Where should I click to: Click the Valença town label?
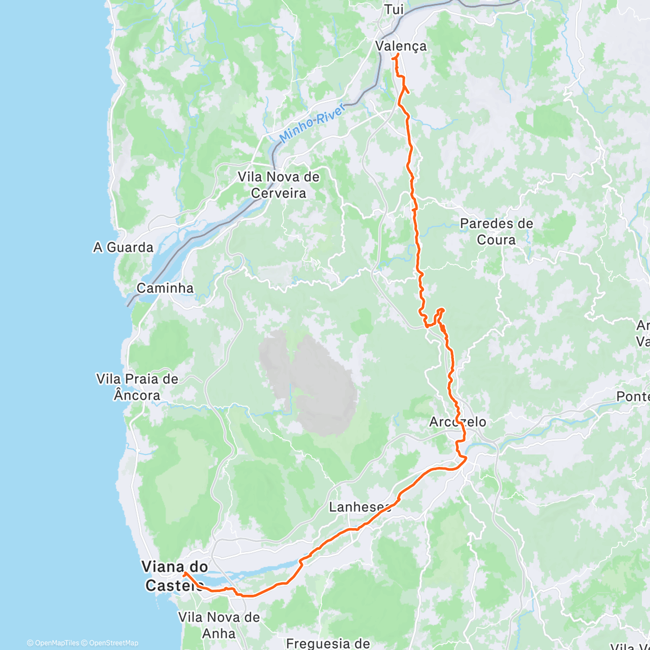point(401,46)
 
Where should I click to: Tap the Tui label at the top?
point(394,9)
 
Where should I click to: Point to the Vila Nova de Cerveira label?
point(279,185)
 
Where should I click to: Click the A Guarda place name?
point(123,248)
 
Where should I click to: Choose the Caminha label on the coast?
point(165,288)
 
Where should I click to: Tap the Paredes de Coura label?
point(496,231)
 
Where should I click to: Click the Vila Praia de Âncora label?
point(137,387)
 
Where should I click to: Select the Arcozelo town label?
point(458,422)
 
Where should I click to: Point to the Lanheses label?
point(360,507)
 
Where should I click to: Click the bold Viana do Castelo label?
point(174,576)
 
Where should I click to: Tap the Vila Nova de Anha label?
point(219,625)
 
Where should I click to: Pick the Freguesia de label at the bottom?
point(328,643)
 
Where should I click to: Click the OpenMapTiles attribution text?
point(53,643)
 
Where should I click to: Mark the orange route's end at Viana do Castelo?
point(185,573)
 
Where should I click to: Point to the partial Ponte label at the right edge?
point(633,396)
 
